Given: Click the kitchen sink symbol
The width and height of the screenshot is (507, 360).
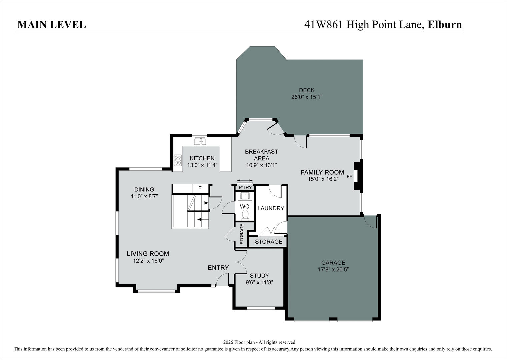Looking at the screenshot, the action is (x=200, y=141).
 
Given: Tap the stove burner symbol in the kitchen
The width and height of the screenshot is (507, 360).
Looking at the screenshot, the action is (x=178, y=160).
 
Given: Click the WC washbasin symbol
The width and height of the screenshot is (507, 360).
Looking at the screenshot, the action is (x=245, y=196).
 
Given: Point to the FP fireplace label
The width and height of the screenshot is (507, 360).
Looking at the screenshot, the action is (x=349, y=176).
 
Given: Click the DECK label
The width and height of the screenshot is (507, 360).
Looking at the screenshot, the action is (x=307, y=90).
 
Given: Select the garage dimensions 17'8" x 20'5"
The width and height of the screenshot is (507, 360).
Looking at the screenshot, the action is (x=333, y=269).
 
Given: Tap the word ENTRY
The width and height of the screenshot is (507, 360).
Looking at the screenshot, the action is (x=218, y=268).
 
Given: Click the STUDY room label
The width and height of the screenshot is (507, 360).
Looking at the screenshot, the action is (x=259, y=276).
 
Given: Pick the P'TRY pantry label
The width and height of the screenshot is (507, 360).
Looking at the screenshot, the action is (x=245, y=188).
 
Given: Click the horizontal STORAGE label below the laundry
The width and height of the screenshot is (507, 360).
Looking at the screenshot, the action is (x=269, y=242).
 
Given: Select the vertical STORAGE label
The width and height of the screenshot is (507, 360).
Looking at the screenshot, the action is (x=242, y=234).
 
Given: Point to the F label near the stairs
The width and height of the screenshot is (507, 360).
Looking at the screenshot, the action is (x=200, y=188).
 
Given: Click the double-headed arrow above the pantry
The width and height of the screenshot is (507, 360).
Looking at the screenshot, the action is (x=245, y=180).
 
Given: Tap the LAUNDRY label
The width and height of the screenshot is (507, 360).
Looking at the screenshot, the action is (x=271, y=208).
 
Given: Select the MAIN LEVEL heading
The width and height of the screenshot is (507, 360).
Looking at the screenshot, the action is (x=52, y=25).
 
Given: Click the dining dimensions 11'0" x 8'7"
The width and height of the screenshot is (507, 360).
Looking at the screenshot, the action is (x=144, y=196).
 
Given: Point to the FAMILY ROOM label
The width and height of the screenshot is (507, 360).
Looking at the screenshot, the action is (x=322, y=172).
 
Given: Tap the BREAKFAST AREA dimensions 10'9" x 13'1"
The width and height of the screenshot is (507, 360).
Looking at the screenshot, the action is (x=261, y=165).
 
